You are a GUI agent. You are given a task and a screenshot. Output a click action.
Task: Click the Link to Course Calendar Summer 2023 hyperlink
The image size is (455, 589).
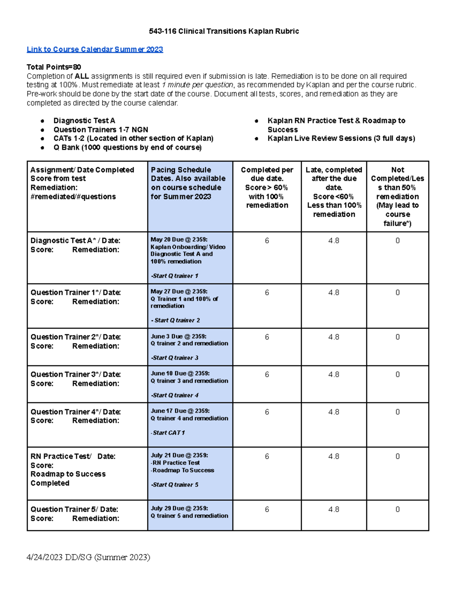pos(95,49)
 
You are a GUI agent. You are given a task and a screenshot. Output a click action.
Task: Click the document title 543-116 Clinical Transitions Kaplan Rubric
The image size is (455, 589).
pos(224,31)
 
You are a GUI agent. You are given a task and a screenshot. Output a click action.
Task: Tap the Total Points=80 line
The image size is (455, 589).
pos(54,67)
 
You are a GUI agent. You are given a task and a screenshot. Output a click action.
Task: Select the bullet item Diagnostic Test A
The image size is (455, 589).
pos(84,121)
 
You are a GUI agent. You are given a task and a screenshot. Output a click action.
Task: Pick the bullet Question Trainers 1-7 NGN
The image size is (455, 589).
pos(100,130)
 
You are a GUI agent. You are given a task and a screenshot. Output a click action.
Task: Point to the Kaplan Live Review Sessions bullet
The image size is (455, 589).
pos(341,138)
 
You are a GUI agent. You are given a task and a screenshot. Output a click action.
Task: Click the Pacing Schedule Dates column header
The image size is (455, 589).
pos(188,183)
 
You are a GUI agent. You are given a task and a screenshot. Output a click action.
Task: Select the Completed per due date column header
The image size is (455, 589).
pos(267,187)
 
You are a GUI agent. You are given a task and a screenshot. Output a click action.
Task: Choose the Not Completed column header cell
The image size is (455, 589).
pos(397,196)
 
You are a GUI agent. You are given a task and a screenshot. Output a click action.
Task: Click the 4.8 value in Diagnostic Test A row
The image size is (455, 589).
pos(334,241)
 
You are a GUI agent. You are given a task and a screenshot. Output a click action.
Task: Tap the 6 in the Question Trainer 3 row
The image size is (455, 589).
pos(267,375)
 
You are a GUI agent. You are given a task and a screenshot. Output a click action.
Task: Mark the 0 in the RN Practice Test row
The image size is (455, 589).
pos(397,457)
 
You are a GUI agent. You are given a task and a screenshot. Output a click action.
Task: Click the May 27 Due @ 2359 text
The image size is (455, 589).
pos(179,292)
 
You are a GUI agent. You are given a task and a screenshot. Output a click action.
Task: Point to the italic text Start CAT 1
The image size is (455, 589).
pos(168,433)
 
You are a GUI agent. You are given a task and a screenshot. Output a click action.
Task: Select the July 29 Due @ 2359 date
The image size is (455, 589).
pos(179,508)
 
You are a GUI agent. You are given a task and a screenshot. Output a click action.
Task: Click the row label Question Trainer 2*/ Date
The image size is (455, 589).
pos(76,337)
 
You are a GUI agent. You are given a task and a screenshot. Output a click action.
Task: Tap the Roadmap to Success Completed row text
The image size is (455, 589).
pos(68,479)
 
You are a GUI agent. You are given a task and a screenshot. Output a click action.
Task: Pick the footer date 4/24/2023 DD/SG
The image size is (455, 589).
pos(88,557)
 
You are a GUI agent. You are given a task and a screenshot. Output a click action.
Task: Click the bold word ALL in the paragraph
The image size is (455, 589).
pos(82,76)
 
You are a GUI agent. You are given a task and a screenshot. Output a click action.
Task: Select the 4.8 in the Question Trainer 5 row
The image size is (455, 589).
pos(334,510)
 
